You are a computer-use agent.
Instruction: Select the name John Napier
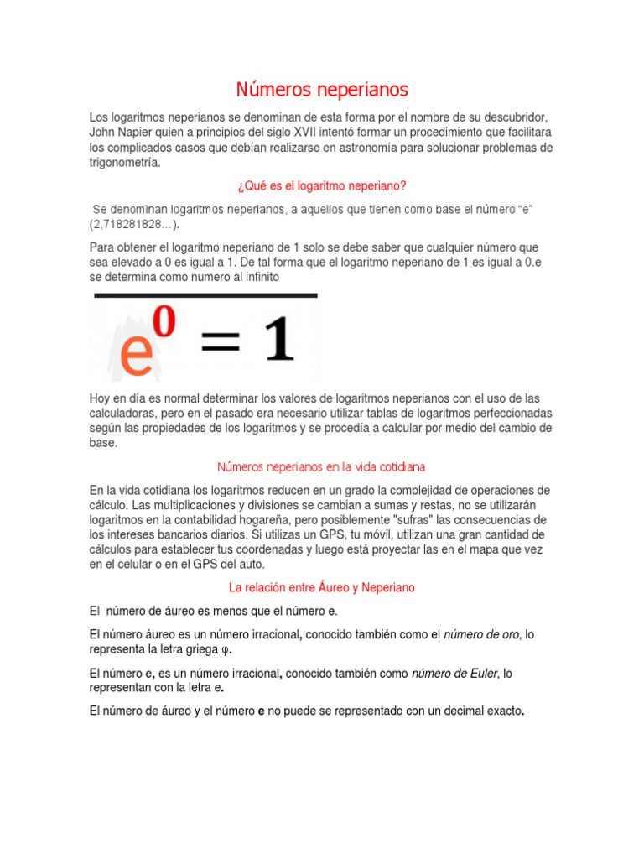pyautogui.click(x=120, y=133)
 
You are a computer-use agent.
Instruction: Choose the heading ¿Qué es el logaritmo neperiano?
pyautogui.click(x=323, y=185)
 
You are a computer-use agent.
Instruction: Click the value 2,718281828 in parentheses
pyautogui.click(x=131, y=225)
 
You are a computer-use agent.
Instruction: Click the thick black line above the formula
pyautogui.click(x=205, y=295)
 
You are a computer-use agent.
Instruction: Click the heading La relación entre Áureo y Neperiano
pyautogui.click(x=322, y=587)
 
